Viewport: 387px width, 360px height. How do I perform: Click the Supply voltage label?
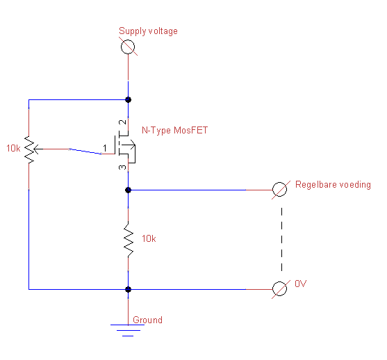tap(148, 31)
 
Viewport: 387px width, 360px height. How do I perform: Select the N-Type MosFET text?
tap(175, 130)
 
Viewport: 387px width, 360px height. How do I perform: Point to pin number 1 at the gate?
tap(105, 148)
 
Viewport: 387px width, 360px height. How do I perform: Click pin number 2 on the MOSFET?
tap(123, 122)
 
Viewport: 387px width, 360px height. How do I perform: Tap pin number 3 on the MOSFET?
tap(122, 167)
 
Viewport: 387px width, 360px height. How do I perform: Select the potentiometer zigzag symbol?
tap(29, 149)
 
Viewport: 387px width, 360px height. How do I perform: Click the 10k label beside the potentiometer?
tap(13, 149)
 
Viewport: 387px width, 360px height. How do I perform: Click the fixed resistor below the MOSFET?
tap(129, 240)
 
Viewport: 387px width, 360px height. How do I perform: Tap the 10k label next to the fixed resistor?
tap(149, 239)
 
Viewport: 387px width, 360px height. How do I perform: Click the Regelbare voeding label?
tap(333, 185)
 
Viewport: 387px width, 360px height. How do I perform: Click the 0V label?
tap(301, 284)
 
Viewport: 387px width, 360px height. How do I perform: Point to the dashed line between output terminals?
tap(281, 239)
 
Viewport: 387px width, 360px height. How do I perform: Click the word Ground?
tap(147, 320)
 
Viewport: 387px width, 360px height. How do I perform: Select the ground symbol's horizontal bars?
tap(128, 330)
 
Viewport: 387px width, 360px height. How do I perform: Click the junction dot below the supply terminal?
tap(128, 100)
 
